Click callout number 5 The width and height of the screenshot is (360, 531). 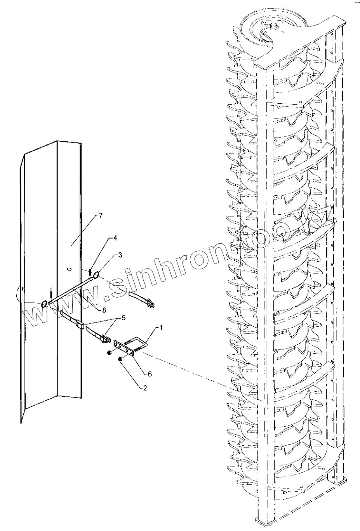pyautogui.click(x=123, y=318)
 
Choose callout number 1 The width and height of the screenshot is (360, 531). pyautogui.click(x=161, y=328)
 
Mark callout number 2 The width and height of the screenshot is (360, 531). pyautogui.click(x=144, y=388)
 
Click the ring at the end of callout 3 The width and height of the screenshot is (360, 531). pyautogui.click(x=96, y=275)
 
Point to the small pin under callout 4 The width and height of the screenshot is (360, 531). pyautogui.click(x=90, y=271)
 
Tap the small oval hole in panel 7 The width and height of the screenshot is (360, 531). pyautogui.click(x=69, y=268)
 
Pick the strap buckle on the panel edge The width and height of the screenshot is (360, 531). pyautogui.click(x=80, y=323)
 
